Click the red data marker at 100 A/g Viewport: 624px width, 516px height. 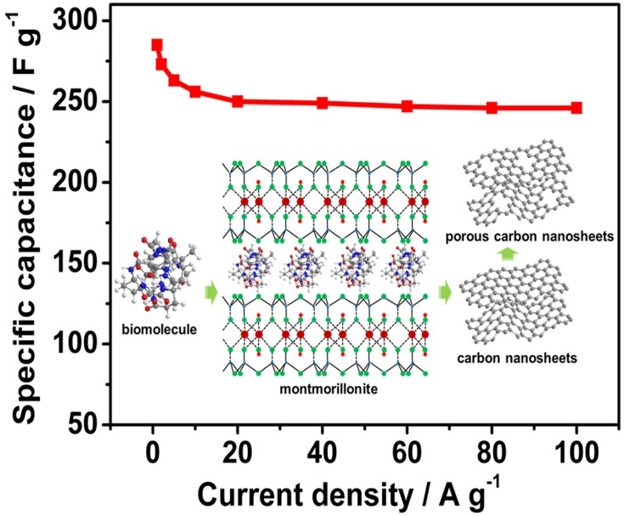(576, 108)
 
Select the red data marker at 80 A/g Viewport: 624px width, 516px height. (492, 108)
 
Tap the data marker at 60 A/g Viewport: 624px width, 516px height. (408, 106)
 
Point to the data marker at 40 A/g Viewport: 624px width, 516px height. (323, 103)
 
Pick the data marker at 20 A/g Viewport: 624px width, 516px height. (238, 101)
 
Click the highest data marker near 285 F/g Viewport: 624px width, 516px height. (157, 45)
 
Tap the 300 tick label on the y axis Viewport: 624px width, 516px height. (81, 21)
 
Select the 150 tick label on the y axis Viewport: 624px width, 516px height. (81, 264)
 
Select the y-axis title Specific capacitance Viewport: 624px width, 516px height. (25, 223)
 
